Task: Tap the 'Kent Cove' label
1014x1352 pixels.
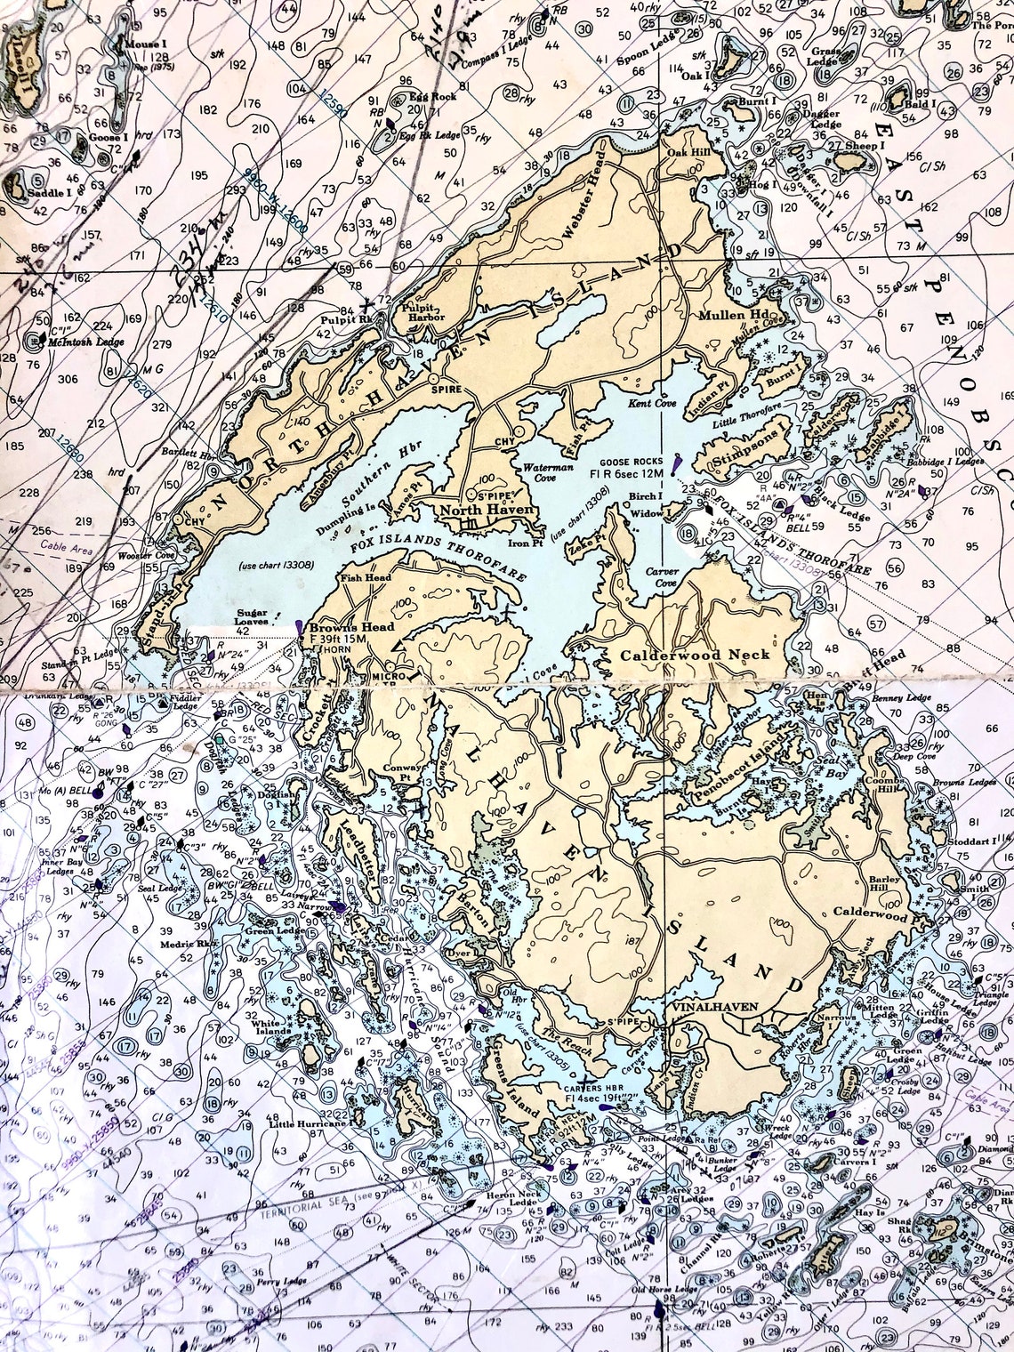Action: tap(672, 403)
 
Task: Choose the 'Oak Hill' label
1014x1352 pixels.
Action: tap(686, 151)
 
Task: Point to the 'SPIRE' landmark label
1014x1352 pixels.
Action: tap(442, 390)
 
